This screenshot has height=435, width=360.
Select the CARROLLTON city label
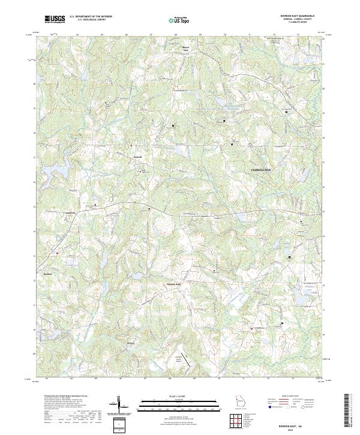[260, 170]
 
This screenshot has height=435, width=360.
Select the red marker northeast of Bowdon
[58, 253]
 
